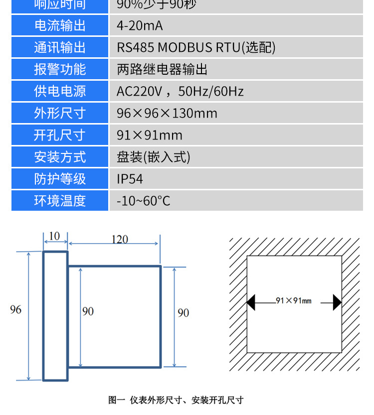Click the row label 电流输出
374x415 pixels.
[60, 25]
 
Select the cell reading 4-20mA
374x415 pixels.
[140, 25]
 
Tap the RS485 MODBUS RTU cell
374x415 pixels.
[196, 47]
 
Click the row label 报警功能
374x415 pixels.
[60, 69]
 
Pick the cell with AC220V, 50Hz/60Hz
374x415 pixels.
[180, 91]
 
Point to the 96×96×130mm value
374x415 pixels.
[167, 113]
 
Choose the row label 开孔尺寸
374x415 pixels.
[60, 135]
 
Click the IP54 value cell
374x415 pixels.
[130, 179]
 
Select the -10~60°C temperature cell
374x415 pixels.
[144, 201]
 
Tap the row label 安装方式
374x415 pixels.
[60, 157]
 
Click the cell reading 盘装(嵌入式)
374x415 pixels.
[154, 157]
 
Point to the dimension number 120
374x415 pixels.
[119, 240]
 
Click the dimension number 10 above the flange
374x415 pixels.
[55, 236]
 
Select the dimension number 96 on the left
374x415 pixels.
[15, 309]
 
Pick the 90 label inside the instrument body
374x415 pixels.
[88, 311]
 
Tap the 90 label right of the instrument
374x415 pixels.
[184, 312]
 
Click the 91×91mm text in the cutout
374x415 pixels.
[293, 300]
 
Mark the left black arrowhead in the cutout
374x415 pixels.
[251, 302]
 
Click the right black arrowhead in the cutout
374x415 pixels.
[338, 302]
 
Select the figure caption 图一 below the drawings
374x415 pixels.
[176, 400]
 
